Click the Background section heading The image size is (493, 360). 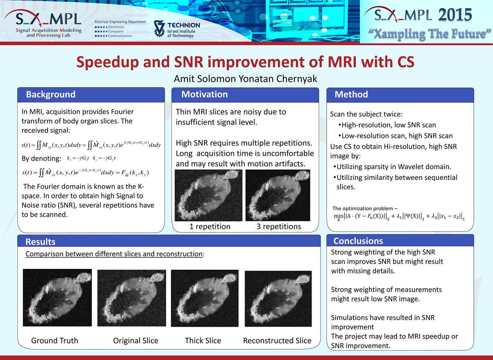[51, 94]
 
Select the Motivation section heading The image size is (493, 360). [204, 94]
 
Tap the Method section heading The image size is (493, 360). [351, 94]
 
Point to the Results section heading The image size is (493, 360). [41, 242]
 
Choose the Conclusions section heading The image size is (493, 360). [358, 241]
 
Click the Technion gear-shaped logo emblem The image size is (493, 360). [159, 28]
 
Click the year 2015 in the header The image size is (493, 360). [455, 15]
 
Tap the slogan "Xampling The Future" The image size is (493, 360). [430, 34]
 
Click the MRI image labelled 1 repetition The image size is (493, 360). [209, 195]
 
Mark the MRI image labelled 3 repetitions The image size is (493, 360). [278, 195]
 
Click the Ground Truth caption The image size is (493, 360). [55, 341]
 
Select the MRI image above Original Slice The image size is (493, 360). [132, 298]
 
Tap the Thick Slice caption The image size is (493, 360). [203, 341]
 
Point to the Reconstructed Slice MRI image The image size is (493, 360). [278, 299]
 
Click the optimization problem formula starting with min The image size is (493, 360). [399, 217]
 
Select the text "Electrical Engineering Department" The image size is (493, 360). [120, 22]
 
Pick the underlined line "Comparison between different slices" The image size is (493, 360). [114, 254]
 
